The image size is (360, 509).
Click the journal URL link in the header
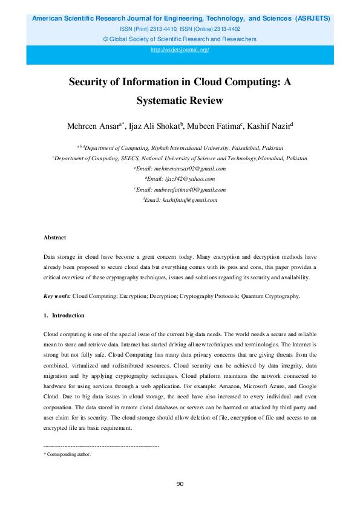[x=180, y=50]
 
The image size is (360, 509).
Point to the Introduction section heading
[x=68, y=316]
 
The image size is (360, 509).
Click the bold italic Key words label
[x=57, y=296]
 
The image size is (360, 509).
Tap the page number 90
[x=180, y=484]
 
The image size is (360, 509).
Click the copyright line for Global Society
[x=180, y=39]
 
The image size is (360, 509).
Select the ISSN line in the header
[x=180, y=28]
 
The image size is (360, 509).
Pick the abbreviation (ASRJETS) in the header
[x=312, y=18]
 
